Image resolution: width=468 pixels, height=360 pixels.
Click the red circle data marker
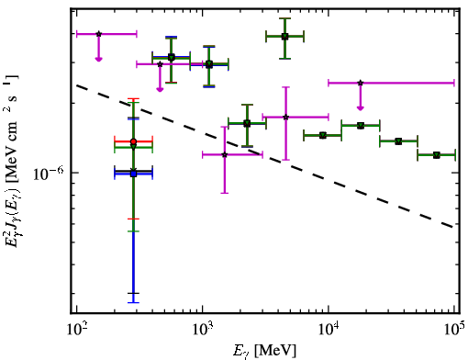coord(133,141)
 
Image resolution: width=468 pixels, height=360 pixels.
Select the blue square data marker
coord(133,174)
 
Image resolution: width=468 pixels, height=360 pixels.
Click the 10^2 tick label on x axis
coord(76,331)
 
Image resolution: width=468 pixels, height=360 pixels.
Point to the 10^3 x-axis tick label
coord(203,331)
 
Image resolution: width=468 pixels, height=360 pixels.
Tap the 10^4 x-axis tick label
coord(329,331)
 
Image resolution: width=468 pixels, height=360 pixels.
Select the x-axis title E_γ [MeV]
coord(264,351)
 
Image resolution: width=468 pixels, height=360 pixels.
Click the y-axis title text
coord(12,161)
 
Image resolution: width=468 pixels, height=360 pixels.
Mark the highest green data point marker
coord(284,37)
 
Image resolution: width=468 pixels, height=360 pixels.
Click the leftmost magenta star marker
coord(98,34)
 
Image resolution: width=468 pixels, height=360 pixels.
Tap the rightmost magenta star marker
coord(361,83)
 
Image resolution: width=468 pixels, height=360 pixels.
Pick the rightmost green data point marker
coord(437,155)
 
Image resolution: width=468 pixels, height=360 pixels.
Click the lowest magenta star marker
coord(225,154)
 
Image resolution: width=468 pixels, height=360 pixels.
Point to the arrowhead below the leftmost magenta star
coord(98,59)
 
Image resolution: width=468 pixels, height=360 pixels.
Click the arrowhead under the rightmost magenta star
coord(361,107)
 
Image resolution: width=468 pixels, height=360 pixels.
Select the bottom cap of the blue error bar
coord(133,302)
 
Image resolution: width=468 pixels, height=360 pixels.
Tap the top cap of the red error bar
coord(133,99)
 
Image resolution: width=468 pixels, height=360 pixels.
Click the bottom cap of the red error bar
coord(133,219)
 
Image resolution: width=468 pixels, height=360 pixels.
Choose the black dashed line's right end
coord(453,227)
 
